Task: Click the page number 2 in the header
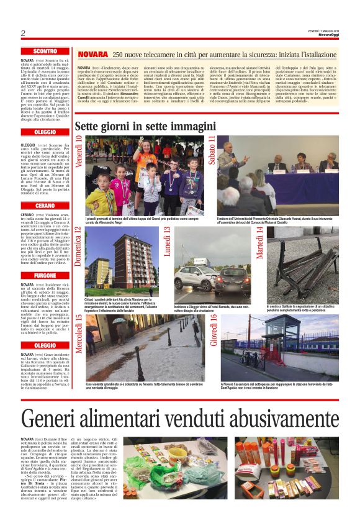23,33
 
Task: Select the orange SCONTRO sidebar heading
45,51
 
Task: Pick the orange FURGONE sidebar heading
45,275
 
